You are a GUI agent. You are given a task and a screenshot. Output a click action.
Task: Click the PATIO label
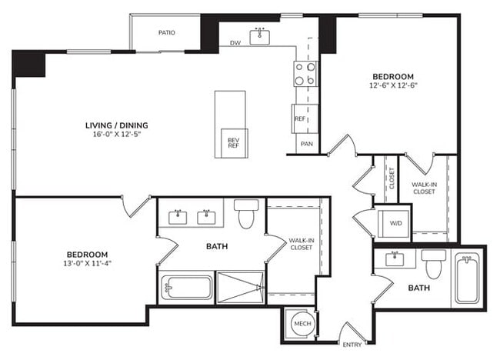(167, 32)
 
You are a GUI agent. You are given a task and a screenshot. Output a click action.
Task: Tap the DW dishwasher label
(235, 43)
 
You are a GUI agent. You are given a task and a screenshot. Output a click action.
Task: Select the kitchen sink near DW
(259, 36)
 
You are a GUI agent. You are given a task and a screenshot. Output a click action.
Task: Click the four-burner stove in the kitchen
(305, 74)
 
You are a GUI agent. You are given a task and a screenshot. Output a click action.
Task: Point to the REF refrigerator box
(300, 118)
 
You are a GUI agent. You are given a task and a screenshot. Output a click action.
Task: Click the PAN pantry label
(306, 144)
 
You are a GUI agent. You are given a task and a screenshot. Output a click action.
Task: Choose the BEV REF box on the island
(233, 141)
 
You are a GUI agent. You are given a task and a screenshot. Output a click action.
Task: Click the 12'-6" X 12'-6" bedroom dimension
(393, 87)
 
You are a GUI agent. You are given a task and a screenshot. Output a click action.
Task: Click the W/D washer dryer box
(395, 223)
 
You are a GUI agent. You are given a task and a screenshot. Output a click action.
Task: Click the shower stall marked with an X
(241, 287)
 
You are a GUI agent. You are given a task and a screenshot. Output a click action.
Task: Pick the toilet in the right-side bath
(434, 264)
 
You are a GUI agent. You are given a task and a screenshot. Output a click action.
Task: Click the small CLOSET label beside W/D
(392, 178)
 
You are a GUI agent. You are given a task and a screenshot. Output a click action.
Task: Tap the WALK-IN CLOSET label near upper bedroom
(423, 188)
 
